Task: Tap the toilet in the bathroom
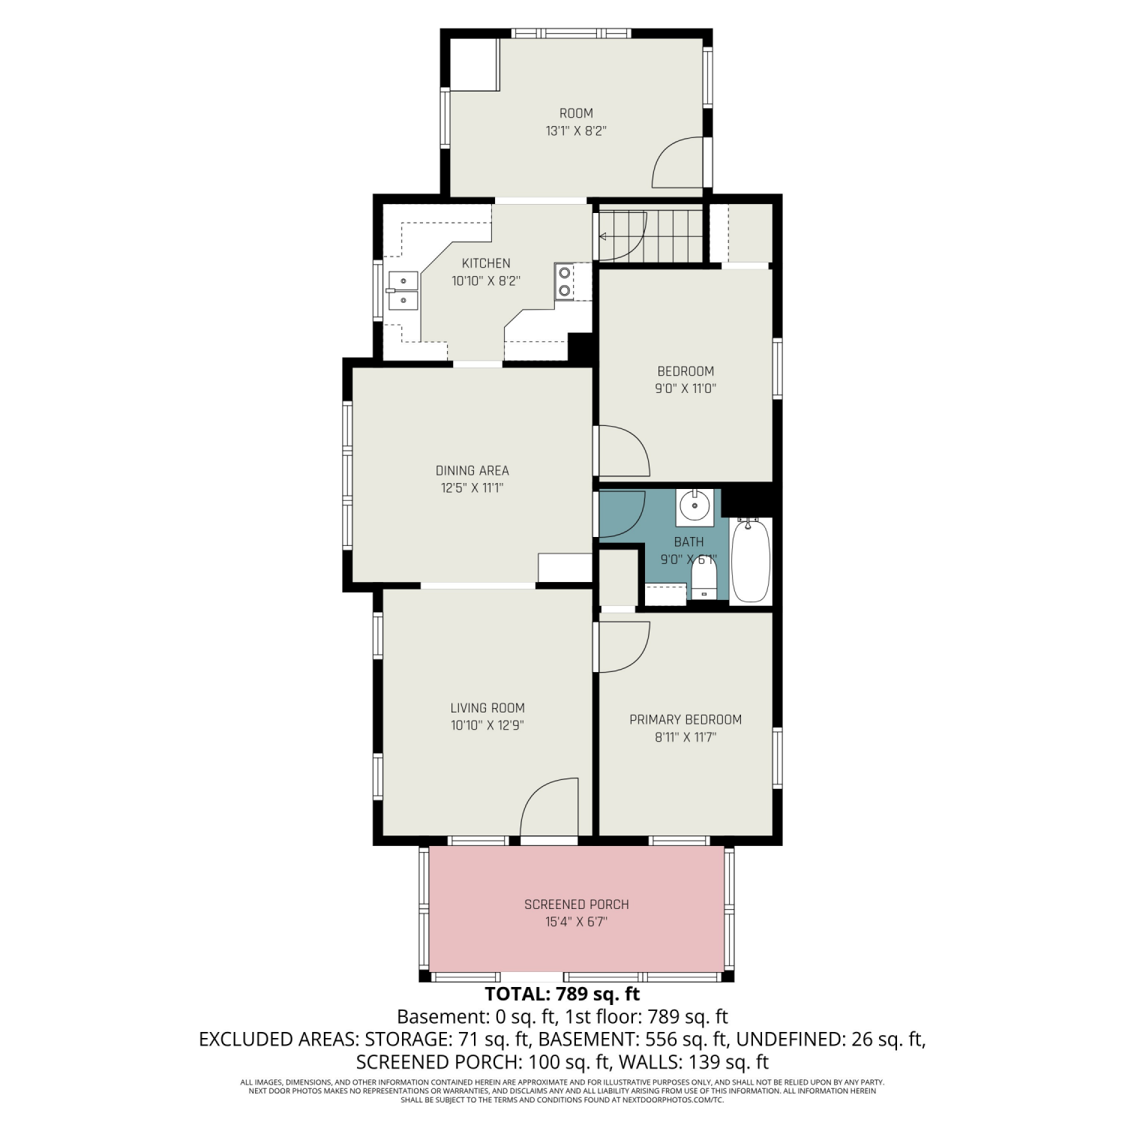(703, 581)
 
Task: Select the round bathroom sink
(694, 507)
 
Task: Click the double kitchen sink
(402, 290)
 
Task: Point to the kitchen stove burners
(564, 281)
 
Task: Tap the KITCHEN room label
(486, 263)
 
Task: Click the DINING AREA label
(472, 470)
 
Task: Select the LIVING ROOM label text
(487, 707)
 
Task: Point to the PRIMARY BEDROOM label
(685, 719)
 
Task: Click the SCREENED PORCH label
(577, 904)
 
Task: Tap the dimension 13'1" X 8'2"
(576, 131)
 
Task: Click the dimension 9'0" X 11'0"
(685, 388)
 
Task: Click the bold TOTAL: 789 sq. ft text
(562, 994)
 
